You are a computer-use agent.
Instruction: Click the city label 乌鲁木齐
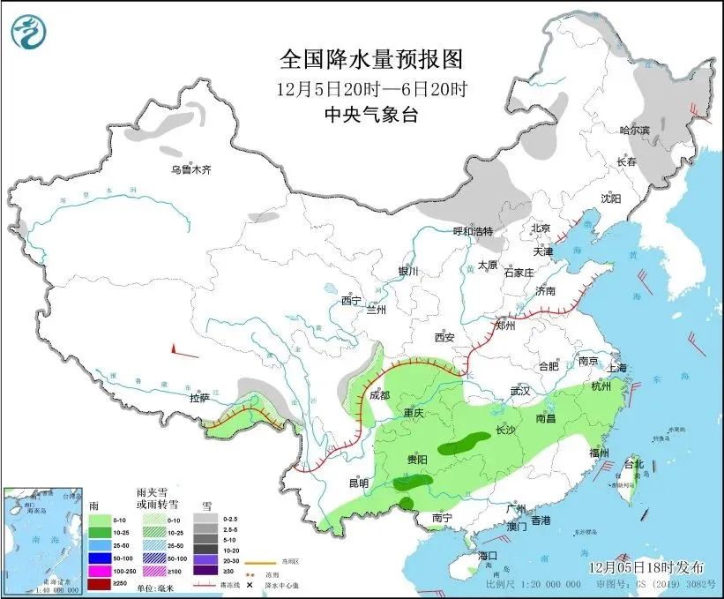coord(191,170)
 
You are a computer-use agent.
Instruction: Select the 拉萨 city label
coord(200,398)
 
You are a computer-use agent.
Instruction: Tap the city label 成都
coord(380,396)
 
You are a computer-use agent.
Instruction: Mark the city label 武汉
coord(520,390)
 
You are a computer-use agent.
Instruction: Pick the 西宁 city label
coord(352,301)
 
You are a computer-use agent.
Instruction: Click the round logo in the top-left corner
coord(27,33)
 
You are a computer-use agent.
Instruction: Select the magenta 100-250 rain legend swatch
coord(101,571)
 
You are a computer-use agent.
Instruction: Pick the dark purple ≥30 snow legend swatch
coord(204,571)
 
